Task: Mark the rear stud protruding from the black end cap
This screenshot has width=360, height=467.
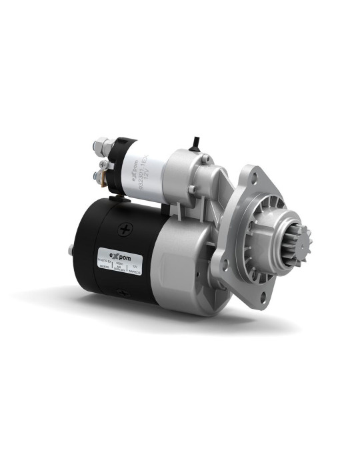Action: click(71, 251)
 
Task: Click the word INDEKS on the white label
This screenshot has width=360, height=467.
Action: click(103, 265)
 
